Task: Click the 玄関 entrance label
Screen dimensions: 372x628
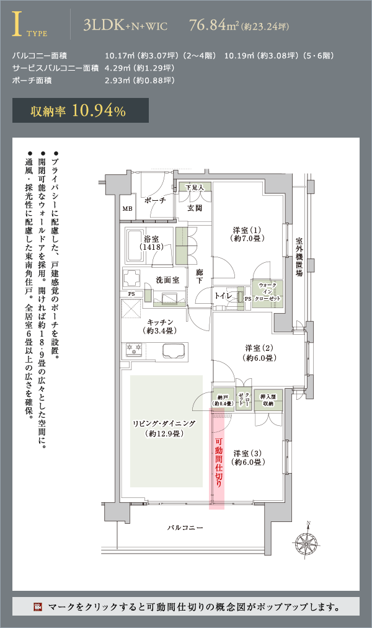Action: pyautogui.click(x=195, y=208)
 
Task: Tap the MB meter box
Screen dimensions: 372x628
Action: pyautogui.click(x=127, y=209)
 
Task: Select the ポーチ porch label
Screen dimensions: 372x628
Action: pyautogui.click(x=155, y=200)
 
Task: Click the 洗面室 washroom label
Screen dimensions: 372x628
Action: pyautogui.click(x=167, y=280)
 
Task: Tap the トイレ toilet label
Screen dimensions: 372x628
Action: pyautogui.click(x=223, y=296)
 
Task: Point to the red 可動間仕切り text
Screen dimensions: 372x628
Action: pyautogui.click(x=219, y=462)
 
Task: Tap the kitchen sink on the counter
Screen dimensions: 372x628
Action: pyautogui.click(x=175, y=350)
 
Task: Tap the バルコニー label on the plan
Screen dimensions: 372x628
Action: pyautogui.click(x=185, y=528)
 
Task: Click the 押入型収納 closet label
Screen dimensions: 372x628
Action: pyautogui.click(x=268, y=400)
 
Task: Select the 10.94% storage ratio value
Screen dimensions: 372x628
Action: pyautogui.click(x=99, y=110)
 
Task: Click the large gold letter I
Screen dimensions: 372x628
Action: pyautogui.click(x=17, y=24)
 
